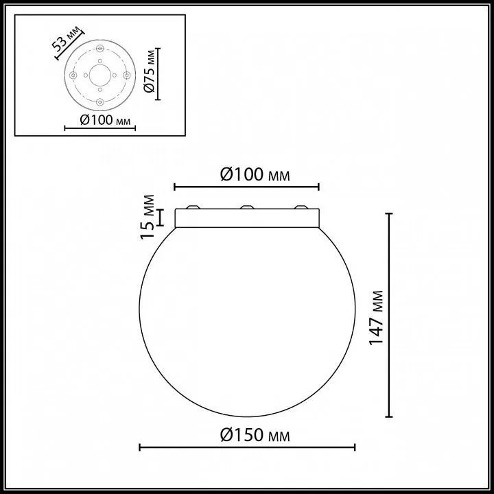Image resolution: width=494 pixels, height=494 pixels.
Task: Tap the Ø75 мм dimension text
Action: pos(150,71)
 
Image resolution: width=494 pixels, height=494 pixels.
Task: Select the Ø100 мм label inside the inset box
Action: pos(105,120)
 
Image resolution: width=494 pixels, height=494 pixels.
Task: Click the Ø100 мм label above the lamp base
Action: pos(255,174)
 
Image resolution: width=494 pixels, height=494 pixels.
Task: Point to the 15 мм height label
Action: pos(148,217)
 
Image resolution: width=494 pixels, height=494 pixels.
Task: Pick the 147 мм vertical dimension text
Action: pos(377,318)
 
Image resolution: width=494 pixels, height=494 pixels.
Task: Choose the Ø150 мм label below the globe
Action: pos(255,435)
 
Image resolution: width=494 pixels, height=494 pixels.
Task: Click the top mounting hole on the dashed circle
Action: pos(100,49)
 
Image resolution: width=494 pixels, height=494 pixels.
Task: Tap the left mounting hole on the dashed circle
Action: pos(73,75)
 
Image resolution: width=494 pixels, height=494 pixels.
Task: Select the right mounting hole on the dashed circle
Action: pos(127,75)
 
